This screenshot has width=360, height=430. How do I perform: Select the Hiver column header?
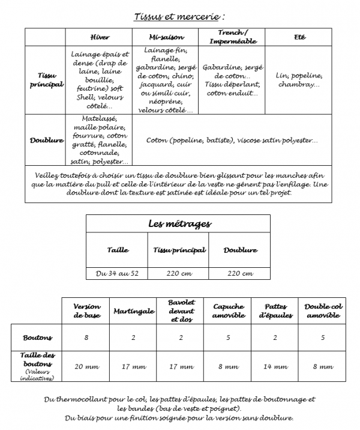point(99,37)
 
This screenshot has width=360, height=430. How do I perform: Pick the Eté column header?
point(299,37)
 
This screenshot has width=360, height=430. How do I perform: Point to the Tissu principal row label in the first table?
point(46,80)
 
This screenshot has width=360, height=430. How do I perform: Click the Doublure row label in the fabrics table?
point(46,140)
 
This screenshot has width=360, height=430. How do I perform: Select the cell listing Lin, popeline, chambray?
point(299,80)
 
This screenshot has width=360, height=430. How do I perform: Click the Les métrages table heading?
point(179,224)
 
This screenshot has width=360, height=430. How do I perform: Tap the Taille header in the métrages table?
point(117,250)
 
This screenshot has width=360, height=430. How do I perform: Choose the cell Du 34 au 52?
point(117,273)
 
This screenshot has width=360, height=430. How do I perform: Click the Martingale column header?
point(134,311)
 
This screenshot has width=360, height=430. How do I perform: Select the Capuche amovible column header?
point(228,311)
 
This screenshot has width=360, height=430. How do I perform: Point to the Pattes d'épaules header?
point(275,311)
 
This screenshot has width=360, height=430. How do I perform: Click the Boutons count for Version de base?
point(87,338)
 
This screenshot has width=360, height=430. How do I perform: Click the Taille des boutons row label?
point(38,366)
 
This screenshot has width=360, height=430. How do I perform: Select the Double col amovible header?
point(322,311)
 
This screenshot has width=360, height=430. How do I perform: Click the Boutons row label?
point(38,338)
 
